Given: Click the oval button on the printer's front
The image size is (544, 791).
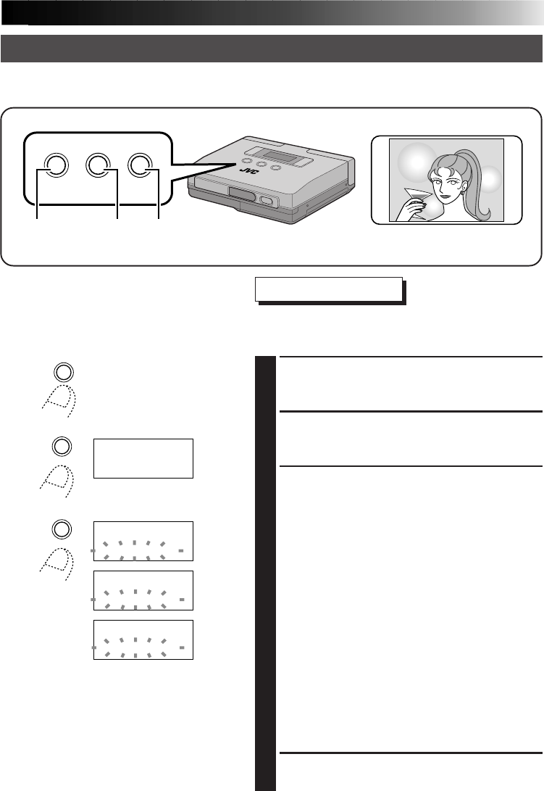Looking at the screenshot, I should coord(266,203).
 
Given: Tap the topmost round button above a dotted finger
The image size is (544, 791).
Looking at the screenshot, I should coord(62,372).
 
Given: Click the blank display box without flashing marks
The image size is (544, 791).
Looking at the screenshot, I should coord(143,457).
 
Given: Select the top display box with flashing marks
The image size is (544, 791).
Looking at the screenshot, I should coord(143,541).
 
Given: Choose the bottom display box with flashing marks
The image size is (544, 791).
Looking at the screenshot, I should coord(143,639).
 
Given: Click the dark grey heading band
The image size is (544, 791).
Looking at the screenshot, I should coord(272,48).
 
